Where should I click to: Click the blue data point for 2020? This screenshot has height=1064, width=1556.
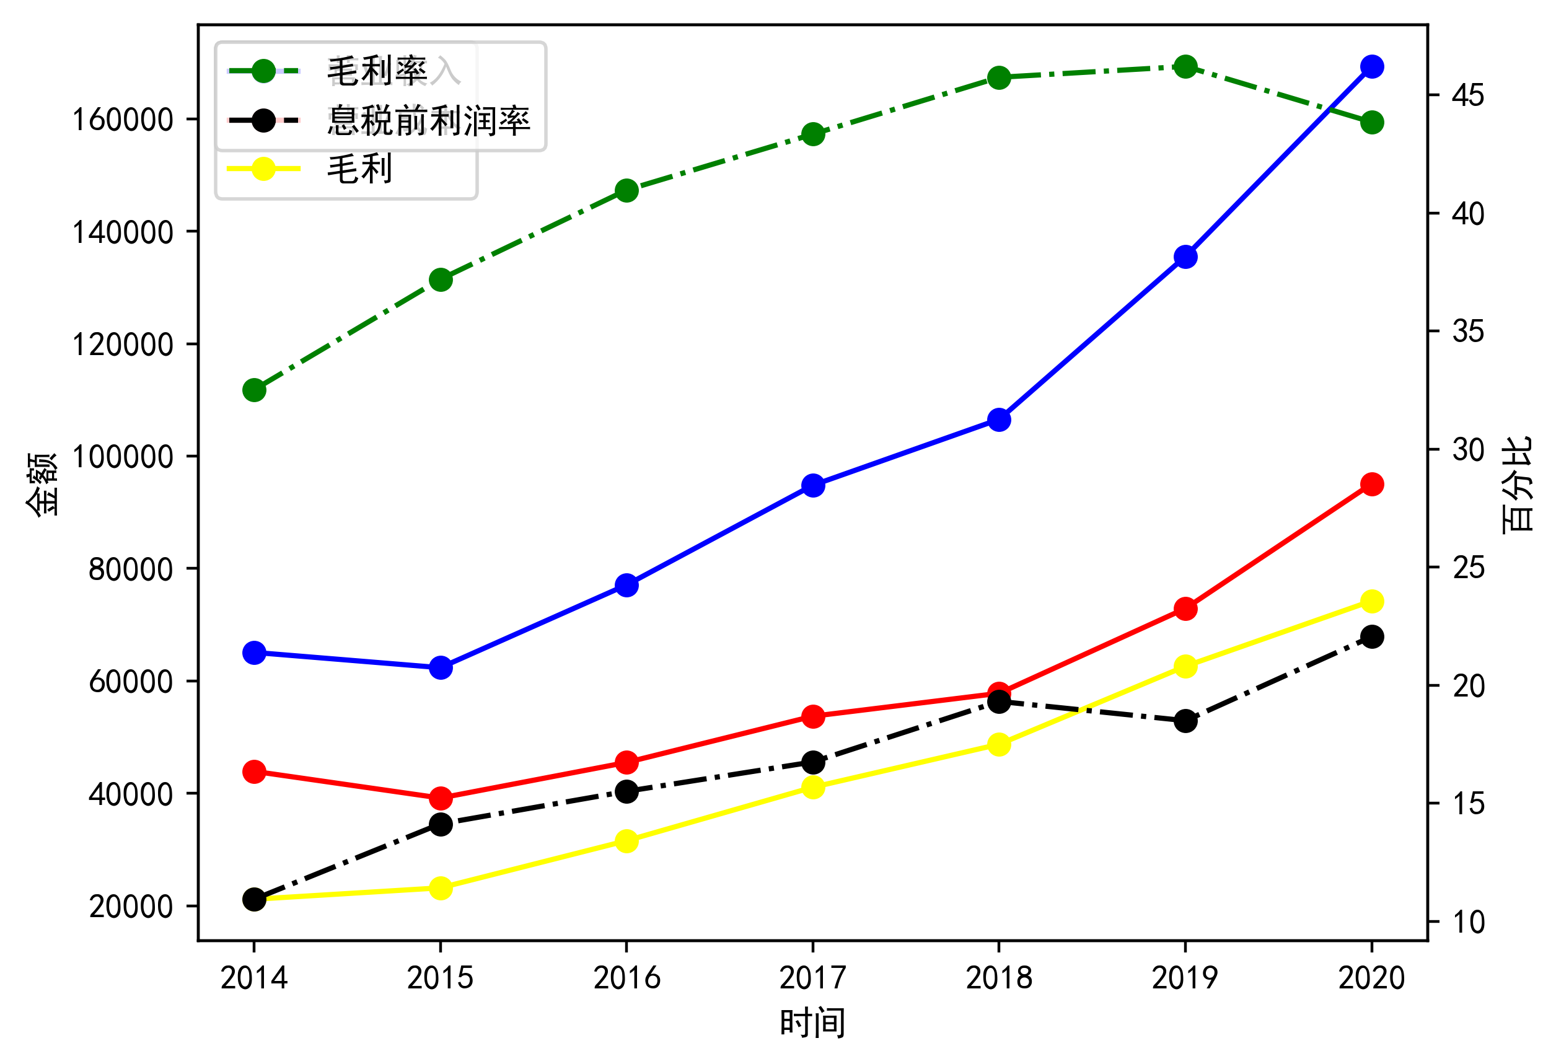[x=1372, y=67]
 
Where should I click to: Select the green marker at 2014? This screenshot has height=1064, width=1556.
[x=253, y=390]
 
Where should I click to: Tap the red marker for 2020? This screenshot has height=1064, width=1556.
[x=1372, y=484]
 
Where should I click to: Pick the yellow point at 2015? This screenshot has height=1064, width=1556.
[x=441, y=889]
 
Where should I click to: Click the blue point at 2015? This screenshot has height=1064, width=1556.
[x=441, y=667]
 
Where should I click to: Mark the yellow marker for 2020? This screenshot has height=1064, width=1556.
[x=1372, y=601]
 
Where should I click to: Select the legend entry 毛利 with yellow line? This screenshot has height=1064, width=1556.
[x=359, y=169]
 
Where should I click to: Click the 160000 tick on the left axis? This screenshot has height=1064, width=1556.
[x=123, y=120]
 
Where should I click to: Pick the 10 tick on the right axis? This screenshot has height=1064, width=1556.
[x=1467, y=923]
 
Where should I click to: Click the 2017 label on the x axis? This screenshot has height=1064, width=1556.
[x=813, y=978]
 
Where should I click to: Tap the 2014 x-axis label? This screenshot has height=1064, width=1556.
[x=253, y=978]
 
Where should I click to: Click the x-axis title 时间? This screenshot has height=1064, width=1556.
[x=813, y=1023]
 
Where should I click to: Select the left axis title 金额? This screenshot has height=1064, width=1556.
[x=42, y=483]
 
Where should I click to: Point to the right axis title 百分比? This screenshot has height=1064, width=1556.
[x=1517, y=483]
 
